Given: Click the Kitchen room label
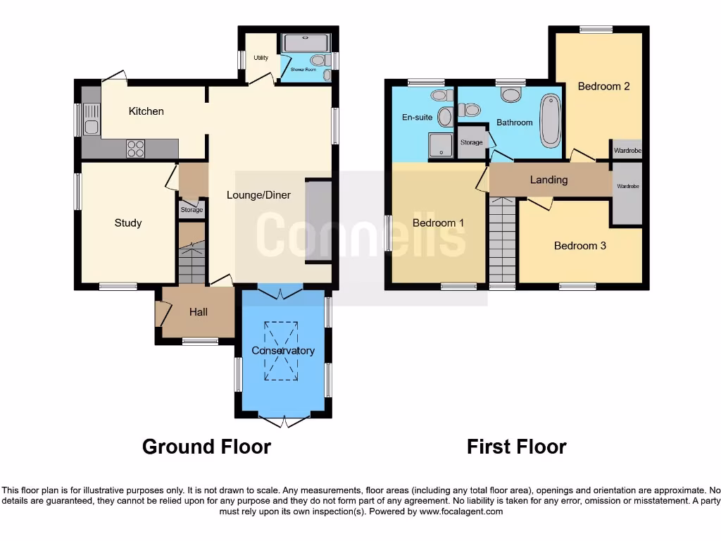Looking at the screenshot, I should [x=146, y=111].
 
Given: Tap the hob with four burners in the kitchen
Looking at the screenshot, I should [x=135, y=149].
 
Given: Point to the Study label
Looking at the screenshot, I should [x=128, y=223].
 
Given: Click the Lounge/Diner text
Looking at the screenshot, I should [x=258, y=195].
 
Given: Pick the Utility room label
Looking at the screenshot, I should [x=261, y=58].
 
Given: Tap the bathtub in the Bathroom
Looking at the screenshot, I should [x=548, y=121].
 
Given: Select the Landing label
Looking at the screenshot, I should [x=548, y=180].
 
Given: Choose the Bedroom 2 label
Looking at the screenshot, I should [x=603, y=86].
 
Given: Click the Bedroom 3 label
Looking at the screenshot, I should [x=579, y=246].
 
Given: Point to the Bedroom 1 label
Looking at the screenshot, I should [x=438, y=223].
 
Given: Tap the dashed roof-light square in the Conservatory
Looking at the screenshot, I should [x=281, y=350].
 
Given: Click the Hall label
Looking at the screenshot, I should [x=199, y=312].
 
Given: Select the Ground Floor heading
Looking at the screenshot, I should [x=206, y=447].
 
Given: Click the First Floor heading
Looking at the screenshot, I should [x=516, y=447].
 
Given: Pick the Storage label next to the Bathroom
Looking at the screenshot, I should [x=472, y=142].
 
